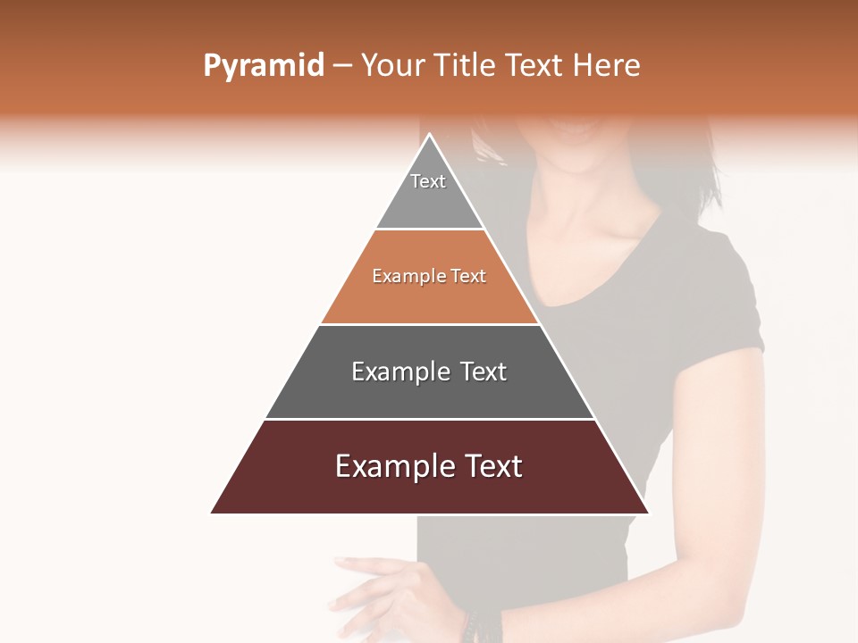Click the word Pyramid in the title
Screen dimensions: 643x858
pyautogui.click(x=264, y=66)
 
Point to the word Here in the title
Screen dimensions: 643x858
pyautogui.click(x=607, y=66)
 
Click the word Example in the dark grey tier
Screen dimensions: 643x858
pyautogui.click(x=399, y=372)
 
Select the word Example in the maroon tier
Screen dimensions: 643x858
pyautogui.click(x=392, y=466)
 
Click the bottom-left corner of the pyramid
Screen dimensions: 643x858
pyautogui.click(x=213, y=512)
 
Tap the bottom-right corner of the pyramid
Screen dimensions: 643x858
pyautogui.click(x=647, y=512)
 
